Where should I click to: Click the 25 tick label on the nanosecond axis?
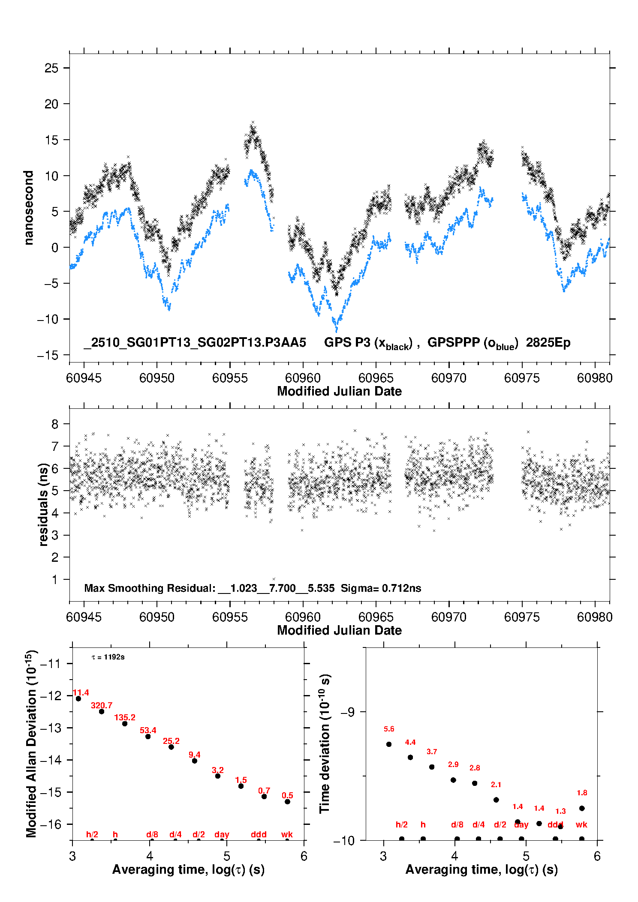pyautogui.click(x=51, y=68)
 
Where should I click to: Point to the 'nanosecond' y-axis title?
pyautogui.click(x=29, y=208)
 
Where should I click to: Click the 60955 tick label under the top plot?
pyautogui.click(x=230, y=378)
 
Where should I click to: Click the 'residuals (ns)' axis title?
pyautogui.click(x=43, y=504)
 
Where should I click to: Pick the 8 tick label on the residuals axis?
pyautogui.click(x=55, y=424)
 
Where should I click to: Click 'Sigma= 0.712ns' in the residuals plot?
pyautogui.click(x=381, y=588)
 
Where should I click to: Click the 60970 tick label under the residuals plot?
pyautogui.click(x=449, y=617)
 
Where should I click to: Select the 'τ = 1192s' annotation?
pyautogui.click(x=108, y=657)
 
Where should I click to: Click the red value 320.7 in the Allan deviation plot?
pyautogui.click(x=102, y=705)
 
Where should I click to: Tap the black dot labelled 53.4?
pyautogui.click(x=148, y=736)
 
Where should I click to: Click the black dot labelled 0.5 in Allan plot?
pyautogui.click(x=287, y=801)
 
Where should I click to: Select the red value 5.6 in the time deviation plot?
pyautogui.click(x=389, y=729)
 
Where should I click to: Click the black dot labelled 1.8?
pyautogui.click(x=582, y=808)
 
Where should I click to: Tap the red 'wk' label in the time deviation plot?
pyautogui.click(x=581, y=824)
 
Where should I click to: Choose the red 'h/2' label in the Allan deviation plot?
pyautogui.click(x=92, y=834)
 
